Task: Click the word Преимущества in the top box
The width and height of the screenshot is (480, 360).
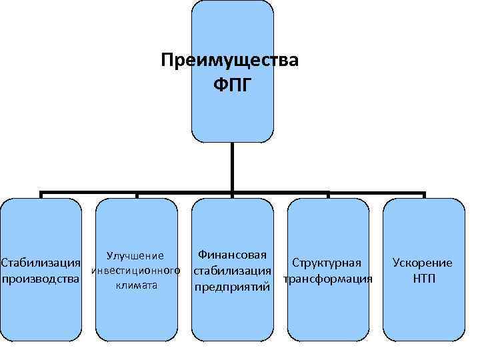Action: [x=230, y=61]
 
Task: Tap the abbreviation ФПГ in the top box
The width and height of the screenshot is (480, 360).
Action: [x=232, y=85]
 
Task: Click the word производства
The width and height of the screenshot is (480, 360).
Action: [x=41, y=278]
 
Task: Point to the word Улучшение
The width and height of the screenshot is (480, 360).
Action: [x=136, y=255]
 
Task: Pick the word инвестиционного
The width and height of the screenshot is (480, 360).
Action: [x=136, y=271]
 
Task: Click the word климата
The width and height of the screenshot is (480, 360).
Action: [x=136, y=285]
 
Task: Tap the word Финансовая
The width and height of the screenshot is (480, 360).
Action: [x=232, y=255]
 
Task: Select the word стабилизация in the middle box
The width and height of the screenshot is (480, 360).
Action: [x=232, y=271]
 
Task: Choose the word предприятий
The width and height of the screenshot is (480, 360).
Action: [x=232, y=288]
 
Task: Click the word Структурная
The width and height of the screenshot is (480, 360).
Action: [x=327, y=263]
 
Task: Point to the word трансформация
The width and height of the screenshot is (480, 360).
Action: [x=327, y=279]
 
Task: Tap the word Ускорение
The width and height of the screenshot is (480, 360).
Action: [x=423, y=263]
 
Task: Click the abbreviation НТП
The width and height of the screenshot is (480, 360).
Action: [x=423, y=278]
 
